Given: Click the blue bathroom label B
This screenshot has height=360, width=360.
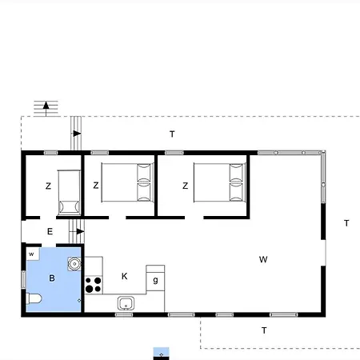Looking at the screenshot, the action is coord(52,278).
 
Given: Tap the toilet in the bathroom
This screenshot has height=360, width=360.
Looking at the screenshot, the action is coord(34,298).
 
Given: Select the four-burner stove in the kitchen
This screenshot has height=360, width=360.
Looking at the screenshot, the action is coord(94,285).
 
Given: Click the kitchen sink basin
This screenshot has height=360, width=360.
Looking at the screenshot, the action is coord(126,303).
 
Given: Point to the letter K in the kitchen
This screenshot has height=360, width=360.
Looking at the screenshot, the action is coord(124,276).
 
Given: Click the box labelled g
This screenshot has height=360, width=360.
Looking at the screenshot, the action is coord(155,279).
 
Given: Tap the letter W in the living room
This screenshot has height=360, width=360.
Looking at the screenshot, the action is coord(263,259).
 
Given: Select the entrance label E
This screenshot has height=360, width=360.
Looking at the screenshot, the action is coord(50,231).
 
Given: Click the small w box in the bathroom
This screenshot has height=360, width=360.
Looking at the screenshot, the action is coord(33,254).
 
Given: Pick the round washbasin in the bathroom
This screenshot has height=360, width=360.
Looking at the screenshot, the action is coord(74,264).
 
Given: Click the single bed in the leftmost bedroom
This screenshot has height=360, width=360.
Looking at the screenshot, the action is coord(69,193).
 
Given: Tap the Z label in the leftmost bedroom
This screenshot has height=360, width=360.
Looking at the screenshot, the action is coord(48,186).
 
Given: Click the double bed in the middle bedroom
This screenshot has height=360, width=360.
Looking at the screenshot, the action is coord(127,182).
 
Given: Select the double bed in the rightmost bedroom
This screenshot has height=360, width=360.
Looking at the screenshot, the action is coord(219,182).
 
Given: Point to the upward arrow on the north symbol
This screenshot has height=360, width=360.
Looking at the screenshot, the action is coord(46,108).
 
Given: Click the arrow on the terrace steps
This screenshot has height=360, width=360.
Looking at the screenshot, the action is coord(77,134).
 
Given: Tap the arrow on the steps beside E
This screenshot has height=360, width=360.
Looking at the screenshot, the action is coord(79,231).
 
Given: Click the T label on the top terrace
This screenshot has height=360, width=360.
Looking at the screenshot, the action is coord(172,134).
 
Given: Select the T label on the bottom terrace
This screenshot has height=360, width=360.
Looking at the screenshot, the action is coord(264,330).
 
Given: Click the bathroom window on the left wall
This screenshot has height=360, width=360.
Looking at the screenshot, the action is coord(23,279).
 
